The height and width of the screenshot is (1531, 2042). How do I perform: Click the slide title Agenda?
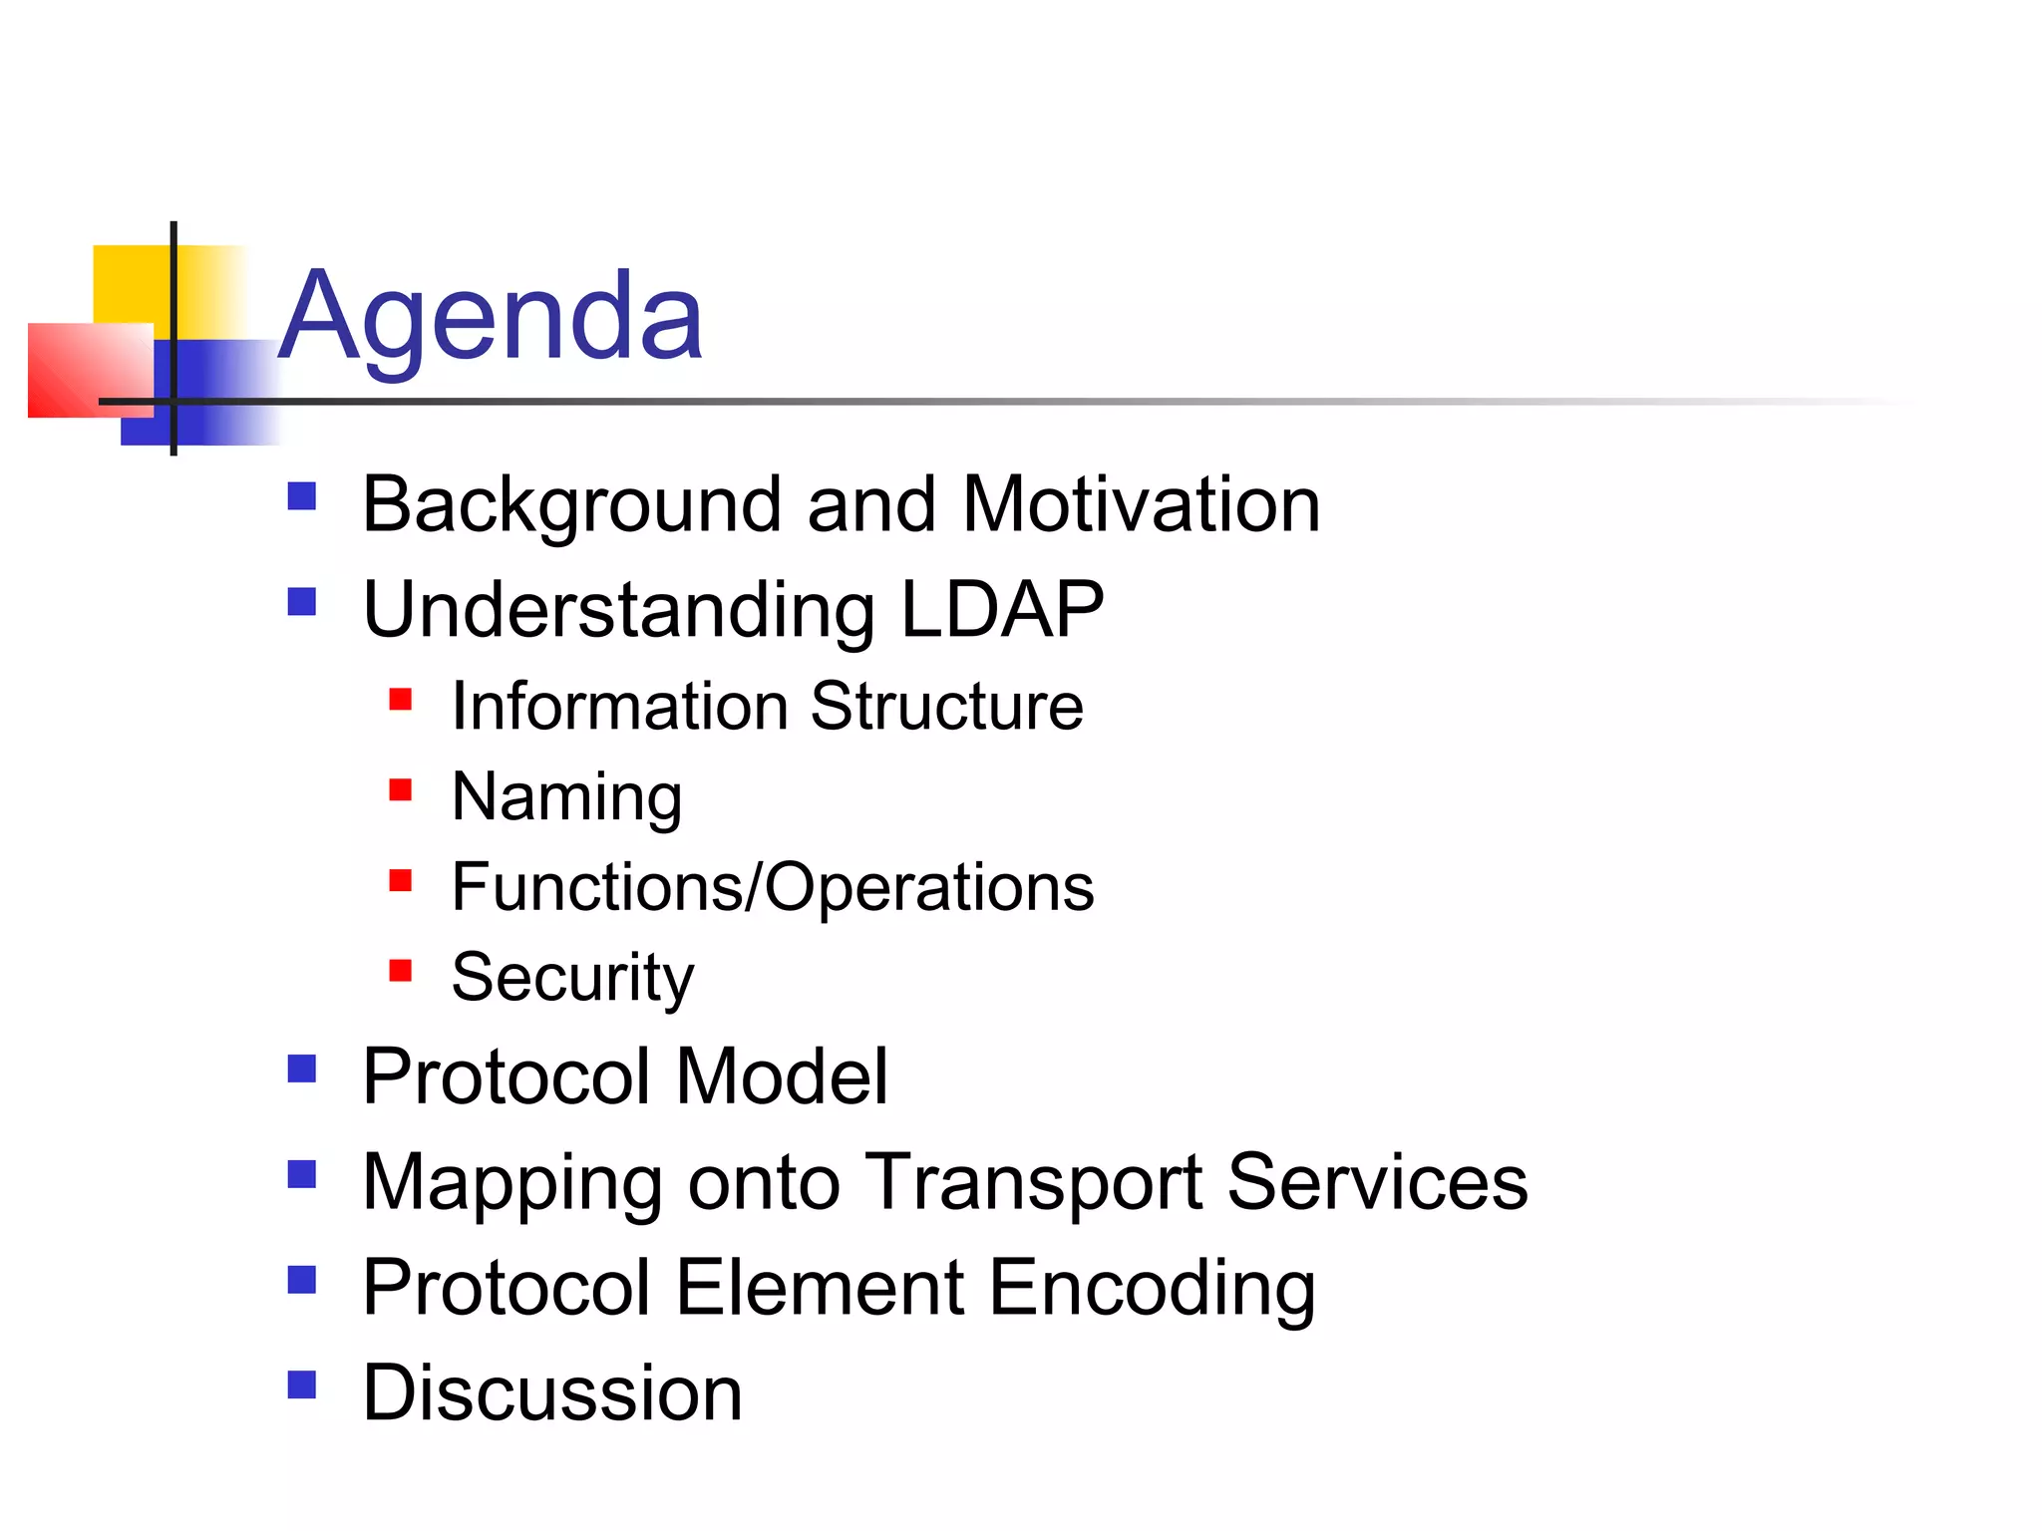pyautogui.click(x=491, y=317)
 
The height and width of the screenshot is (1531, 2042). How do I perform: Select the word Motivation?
pyautogui.click(x=1141, y=505)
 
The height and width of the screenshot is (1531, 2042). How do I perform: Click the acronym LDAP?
pyautogui.click(x=1002, y=609)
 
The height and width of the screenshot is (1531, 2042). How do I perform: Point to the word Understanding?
pyautogui.click(x=618, y=611)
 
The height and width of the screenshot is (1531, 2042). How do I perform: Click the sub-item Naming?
pyautogui.click(x=566, y=797)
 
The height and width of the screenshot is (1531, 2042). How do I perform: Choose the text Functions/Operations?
pyautogui.click(x=772, y=887)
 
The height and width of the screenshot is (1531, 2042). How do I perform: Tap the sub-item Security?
pyautogui.click(x=572, y=978)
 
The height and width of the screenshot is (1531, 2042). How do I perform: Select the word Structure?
pyautogui.click(x=946, y=707)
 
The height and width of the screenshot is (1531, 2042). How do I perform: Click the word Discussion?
pyautogui.click(x=552, y=1393)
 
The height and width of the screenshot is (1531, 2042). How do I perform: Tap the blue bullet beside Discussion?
pyautogui.click(x=301, y=1385)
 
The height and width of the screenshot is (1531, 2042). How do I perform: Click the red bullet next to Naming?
pyautogui.click(x=401, y=790)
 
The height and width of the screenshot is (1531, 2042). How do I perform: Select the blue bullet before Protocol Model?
pyautogui.click(x=301, y=1070)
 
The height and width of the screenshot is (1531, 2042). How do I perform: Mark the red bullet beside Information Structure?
pyautogui.click(x=401, y=700)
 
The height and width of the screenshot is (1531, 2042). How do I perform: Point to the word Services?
pyautogui.click(x=1377, y=1183)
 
